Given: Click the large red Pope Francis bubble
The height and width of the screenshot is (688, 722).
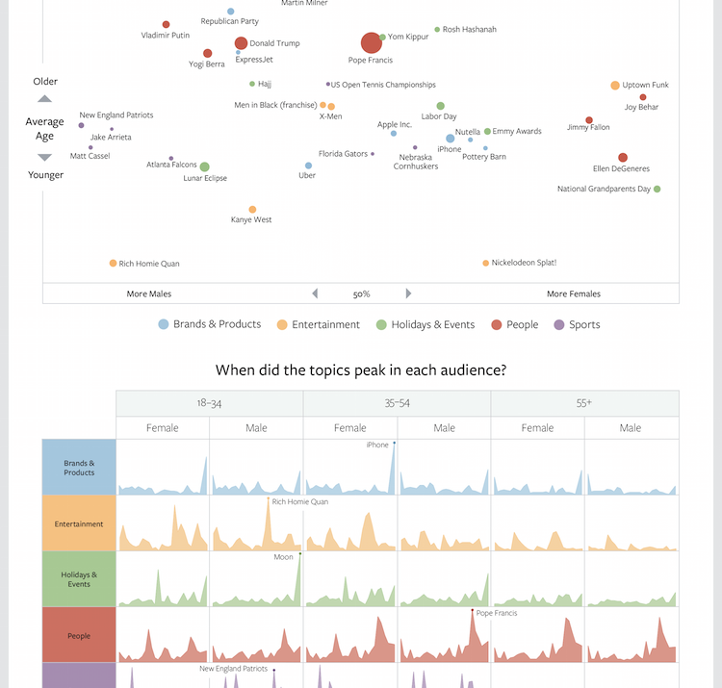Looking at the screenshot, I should click(x=372, y=42).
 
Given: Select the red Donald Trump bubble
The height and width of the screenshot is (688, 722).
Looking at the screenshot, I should click(x=241, y=43).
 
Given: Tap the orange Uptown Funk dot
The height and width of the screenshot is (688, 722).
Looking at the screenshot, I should click(x=615, y=86).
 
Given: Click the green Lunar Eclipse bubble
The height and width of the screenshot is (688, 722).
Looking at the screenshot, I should click(x=204, y=167).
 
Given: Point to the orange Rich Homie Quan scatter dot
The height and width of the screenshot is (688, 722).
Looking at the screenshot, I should click(x=113, y=263).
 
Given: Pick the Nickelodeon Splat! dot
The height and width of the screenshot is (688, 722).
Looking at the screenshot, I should click(x=486, y=263).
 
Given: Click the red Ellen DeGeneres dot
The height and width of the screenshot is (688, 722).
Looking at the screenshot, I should click(x=623, y=158).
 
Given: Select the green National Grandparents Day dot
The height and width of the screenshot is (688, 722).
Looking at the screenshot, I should click(x=658, y=189).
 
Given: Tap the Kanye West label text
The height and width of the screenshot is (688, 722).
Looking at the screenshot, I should click(x=251, y=220).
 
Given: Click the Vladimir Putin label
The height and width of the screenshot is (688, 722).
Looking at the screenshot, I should click(x=165, y=36).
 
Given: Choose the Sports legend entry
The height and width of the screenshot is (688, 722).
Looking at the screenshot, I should click(x=577, y=325).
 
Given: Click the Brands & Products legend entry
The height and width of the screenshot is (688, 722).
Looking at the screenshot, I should click(x=209, y=325).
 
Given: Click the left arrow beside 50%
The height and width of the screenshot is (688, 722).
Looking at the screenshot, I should click(x=314, y=293).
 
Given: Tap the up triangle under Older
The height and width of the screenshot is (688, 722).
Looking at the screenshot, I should click(x=44, y=99).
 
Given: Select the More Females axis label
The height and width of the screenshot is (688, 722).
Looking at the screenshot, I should click(x=573, y=294).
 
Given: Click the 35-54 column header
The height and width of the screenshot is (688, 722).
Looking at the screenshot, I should click(x=397, y=404).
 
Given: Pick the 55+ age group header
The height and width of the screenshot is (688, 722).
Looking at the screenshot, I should click(x=584, y=404).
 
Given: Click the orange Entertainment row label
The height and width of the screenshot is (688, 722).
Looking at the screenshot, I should click(x=79, y=523).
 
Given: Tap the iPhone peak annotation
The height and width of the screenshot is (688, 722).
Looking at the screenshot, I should click(x=378, y=445).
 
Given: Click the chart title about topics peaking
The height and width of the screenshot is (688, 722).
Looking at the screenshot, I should click(x=361, y=370).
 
